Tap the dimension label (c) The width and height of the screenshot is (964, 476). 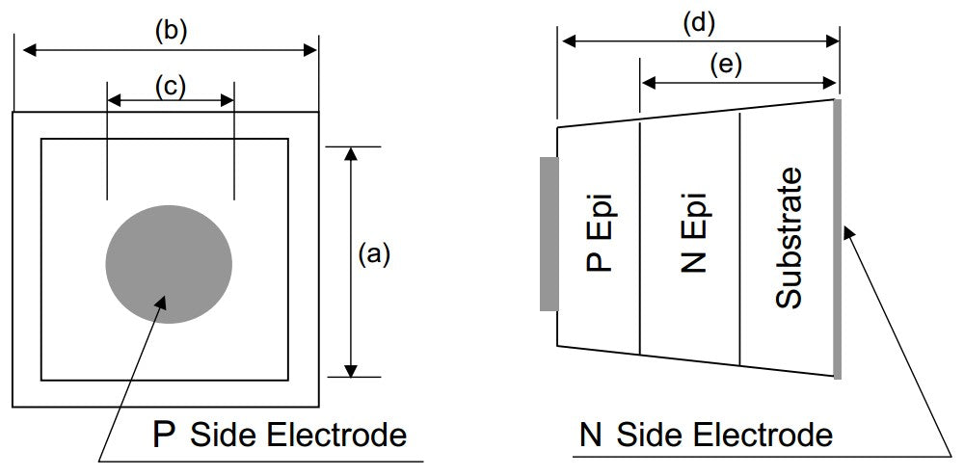point(171,86)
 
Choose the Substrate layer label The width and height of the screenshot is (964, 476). point(789,237)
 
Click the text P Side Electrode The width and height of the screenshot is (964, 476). point(280,435)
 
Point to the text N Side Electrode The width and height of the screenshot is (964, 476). point(706,435)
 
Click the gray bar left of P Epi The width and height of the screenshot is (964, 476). point(549,233)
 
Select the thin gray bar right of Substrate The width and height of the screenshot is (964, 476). point(838,238)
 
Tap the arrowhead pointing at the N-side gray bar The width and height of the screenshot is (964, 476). point(848,233)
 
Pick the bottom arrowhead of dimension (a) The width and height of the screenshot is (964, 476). point(351,370)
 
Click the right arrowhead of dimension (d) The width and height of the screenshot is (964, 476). point(832,41)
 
